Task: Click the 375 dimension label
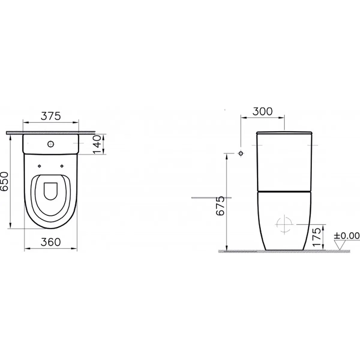coord(51,116)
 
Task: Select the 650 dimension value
coord(4,181)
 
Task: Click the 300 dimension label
coord(262,111)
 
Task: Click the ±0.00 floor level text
coord(347,236)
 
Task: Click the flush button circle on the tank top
coord(51,144)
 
